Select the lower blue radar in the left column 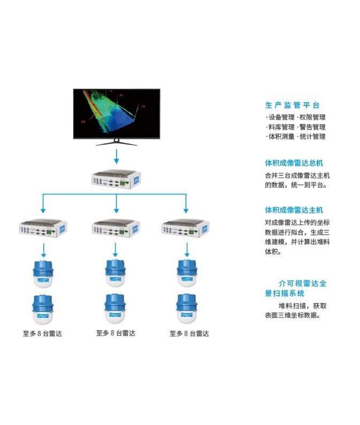[44, 309]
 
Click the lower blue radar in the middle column [116, 309]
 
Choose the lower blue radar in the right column [187, 309]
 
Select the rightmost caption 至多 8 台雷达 [189, 333]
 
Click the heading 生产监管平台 [293, 105]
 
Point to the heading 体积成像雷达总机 [294, 163]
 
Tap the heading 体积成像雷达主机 [294, 210]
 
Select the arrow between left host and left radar [44, 249]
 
